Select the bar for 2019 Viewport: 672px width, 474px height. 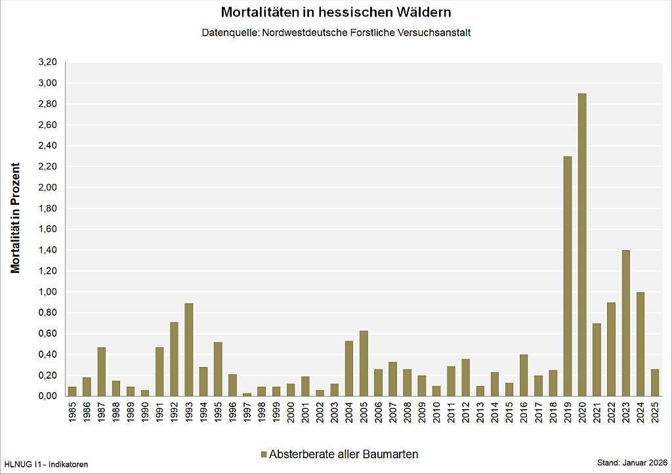(x=568, y=276)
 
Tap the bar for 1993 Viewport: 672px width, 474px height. (x=189, y=349)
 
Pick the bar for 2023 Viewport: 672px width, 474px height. (x=625, y=323)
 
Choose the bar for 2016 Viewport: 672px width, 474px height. (x=524, y=375)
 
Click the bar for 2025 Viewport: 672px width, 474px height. (x=654, y=382)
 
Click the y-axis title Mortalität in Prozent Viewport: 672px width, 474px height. (x=16, y=218)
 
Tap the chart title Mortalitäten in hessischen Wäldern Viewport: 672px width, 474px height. (x=336, y=12)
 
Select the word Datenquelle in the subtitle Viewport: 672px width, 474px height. (x=230, y=32)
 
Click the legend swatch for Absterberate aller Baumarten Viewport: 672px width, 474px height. (x=264, y=454)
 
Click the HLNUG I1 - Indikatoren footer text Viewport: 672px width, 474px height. (x=46, y=464)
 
